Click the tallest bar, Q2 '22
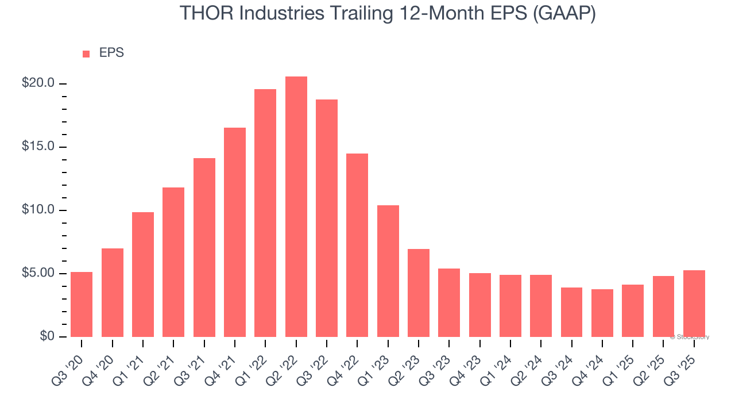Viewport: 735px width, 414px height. click(296, 206)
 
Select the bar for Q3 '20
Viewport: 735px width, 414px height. click(82, 304)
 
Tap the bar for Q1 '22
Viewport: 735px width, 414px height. click(265, 213)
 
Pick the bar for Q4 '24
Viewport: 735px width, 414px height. click(602, 313)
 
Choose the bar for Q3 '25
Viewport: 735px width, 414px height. click(694, 303)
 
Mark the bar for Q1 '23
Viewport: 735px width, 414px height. click(388, 271)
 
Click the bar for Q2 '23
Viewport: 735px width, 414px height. click(419, 293)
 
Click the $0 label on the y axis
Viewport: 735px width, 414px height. click(47, 336)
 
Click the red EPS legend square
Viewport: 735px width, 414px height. click(86, 53)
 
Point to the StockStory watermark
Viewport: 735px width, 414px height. click(690, 337)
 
